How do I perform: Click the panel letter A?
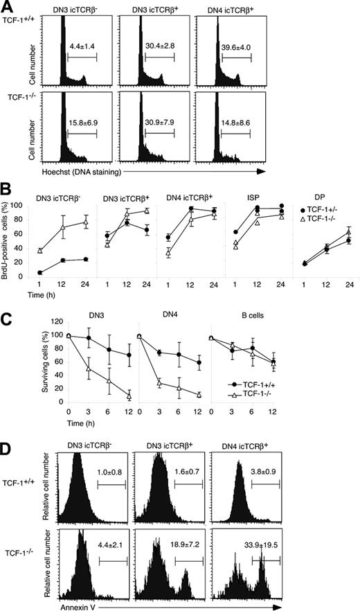pos(6,6)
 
